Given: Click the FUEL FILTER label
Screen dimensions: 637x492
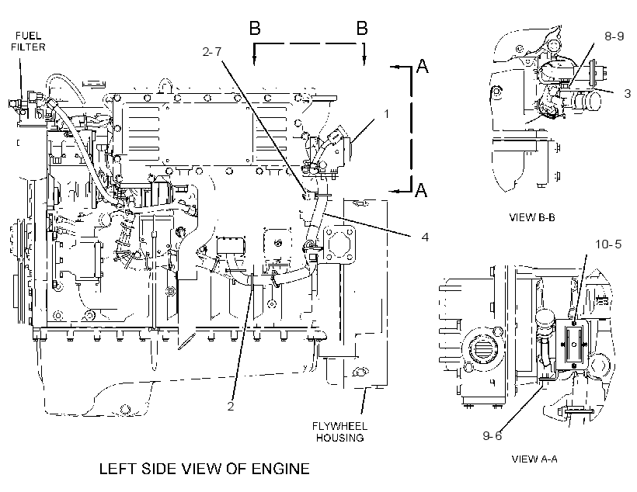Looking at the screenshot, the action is click(28, 41).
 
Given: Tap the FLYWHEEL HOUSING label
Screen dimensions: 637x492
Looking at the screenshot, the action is click(340, 432).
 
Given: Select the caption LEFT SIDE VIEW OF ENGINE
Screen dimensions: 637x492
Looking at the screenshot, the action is click(204, 469).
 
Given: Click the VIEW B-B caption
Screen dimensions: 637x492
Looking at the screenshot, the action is click(532, 217).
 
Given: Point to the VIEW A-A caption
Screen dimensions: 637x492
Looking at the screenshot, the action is click(534, 459).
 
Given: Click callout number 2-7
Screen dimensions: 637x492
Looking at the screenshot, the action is click(212, 51).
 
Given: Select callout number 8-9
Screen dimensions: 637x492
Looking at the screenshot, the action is click(614, 36).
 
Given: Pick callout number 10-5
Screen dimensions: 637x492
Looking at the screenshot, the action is click(608, 244).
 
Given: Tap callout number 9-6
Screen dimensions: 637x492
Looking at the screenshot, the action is click(493, 435).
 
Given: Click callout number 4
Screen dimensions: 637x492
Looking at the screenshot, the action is click(425, 237).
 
